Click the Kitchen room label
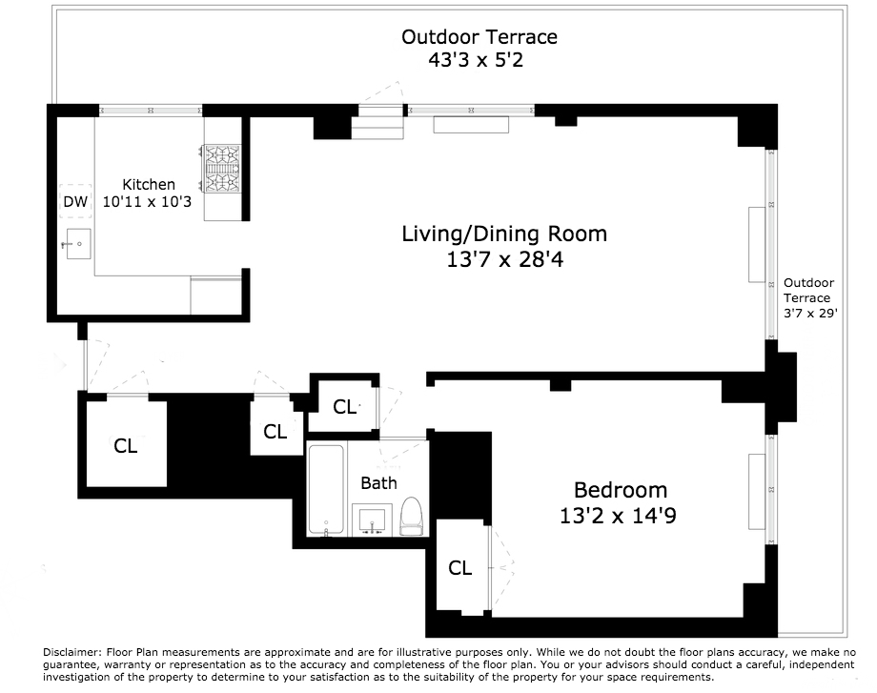(x=149, y=185)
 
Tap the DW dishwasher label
(x=75, y=201)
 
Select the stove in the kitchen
(x=222, y=169)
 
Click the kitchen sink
(x=78, y=244)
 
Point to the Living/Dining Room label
(x=504, y=234)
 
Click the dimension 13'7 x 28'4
(x=504, y=259)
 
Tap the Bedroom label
(x=621, y=490)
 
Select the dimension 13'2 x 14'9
(x=618, y=515)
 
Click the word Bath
(x=378, y=482)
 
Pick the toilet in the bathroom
(x=411, y=517)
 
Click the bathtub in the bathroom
(x=326, y=490)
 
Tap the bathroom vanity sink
(x=372, y=520)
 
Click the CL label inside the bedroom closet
(x=459, y=568)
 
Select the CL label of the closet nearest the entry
(x=125, y=446)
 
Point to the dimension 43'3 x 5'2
(x=476, y=59)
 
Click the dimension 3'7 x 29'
(x=810, y=314)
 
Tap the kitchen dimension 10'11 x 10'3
(x=147, y=201)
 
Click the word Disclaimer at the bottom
(x=71, y=652)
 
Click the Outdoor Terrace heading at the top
(x=479, y=37)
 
